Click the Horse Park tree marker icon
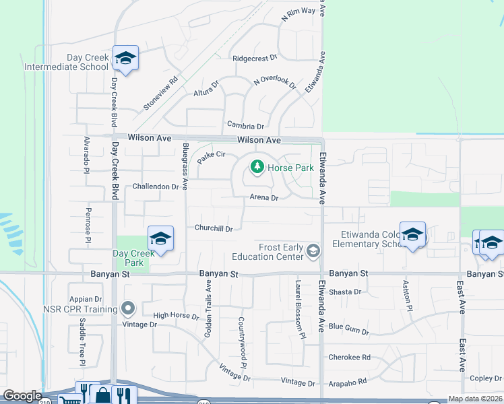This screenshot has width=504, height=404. point(257,167)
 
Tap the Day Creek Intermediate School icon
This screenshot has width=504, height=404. point(125,58)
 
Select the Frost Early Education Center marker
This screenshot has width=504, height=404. point(313,251)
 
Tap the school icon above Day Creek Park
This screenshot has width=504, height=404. point(160,238)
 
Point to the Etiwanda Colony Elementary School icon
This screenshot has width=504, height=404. point(412,234)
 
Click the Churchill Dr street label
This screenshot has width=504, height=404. point(214,228)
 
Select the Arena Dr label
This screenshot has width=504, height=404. point(264,198)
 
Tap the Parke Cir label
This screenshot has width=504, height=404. point(211,155)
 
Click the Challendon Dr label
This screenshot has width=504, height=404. point(155,186)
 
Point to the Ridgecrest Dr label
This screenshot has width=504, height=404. point(255,59)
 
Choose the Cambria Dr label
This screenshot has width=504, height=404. point(245,125)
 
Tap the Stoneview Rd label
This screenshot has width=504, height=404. point(160,93)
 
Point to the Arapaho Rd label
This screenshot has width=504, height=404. point(347,381)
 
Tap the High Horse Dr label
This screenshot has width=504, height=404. point(176,316)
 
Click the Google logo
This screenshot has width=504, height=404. point(22,396)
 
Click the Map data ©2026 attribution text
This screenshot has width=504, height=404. point(475,399)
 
